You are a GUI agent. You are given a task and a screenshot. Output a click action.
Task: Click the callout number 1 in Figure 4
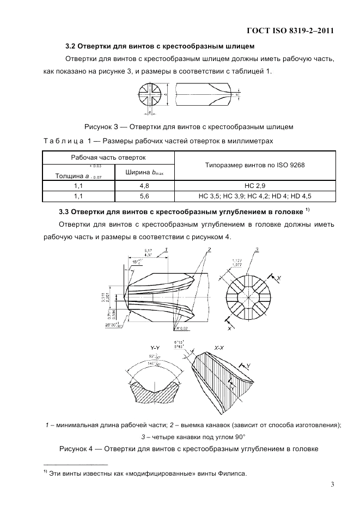[166, 249]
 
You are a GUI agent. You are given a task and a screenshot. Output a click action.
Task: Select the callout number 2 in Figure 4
[208, 249]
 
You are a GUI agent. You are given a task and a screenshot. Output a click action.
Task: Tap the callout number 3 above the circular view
[257, 249]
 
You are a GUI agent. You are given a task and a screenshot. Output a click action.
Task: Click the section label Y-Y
[156, 347]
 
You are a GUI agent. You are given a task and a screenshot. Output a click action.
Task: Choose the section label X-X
[219, 347]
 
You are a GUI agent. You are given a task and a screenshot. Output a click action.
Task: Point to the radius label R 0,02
[181, 329]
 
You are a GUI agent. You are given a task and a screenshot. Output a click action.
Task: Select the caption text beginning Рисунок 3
[188, 127]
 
